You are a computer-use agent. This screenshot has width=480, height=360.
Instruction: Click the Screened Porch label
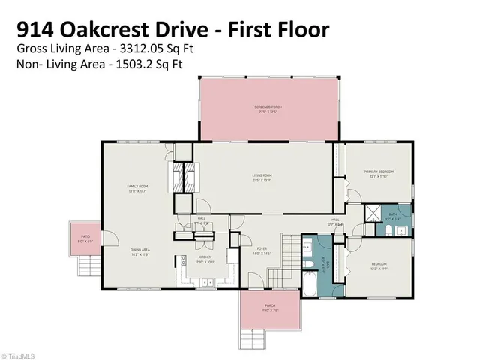tap(267, 108)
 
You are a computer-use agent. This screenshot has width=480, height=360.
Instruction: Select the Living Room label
tap(262, 177)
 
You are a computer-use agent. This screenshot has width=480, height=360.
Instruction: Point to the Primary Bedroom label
tap(379, 173)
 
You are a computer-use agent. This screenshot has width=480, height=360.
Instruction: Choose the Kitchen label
tap(205, 259)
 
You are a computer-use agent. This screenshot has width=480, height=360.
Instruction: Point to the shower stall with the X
tap(373, 213)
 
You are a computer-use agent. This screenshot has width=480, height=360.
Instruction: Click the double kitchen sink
tap(182, 262)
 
